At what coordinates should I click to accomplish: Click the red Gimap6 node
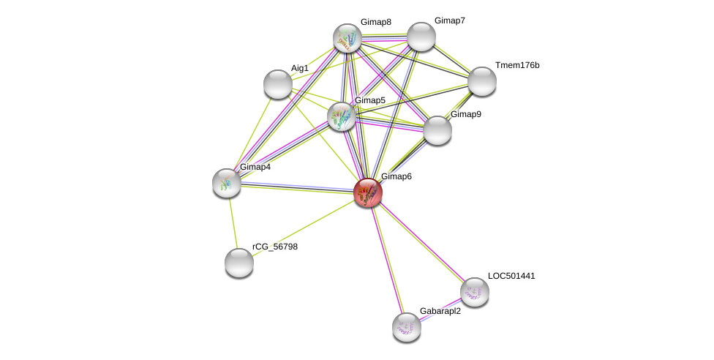(x=368, y=192)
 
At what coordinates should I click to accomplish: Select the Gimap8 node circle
(x=347, y=38)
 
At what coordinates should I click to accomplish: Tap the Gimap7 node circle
(x=421, y=37)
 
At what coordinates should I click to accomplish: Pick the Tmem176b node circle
(x=482, y=81)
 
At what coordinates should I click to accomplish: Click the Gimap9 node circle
(x=437, y=130)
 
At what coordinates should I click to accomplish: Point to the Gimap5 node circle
(x=342, y=116)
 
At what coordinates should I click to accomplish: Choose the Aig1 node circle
(x=278, y=84)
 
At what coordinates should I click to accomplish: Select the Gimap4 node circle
(x=227, y=183)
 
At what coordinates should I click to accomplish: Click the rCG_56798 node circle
(x=239, y=263)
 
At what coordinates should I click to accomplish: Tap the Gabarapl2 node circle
(x=407, y=327)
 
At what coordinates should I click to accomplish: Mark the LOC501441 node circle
(x=475, y=292)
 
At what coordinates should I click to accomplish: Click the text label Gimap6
(x=396, y=176)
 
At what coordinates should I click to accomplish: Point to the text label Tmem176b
(x=516, y=65)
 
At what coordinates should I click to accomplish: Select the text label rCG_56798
(x=275, y=247)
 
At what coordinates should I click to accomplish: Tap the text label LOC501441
(x=511, y=276)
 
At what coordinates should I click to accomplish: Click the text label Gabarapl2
(x=440, y=311)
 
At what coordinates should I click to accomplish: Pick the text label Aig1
(x=300, y=68)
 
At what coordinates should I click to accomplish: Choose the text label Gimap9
(x=465, y=114)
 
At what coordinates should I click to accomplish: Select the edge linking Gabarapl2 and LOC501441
(x=440, y=310)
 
